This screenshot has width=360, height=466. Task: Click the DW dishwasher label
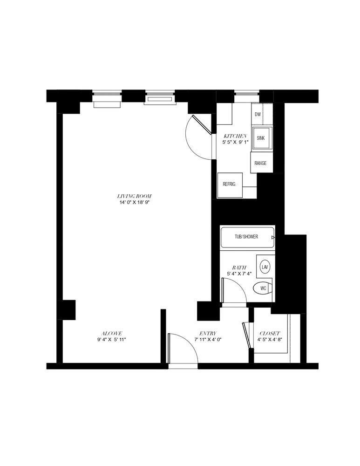pos(258,114)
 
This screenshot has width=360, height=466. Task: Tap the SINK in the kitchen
pos(261,138)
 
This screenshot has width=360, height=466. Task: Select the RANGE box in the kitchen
pos(260,163)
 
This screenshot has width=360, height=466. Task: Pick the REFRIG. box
pos(230,184)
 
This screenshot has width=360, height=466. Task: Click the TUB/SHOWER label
pos(246,237)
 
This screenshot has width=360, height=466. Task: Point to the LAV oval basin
pos(265,267)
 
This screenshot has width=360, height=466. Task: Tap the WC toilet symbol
pos(263,288)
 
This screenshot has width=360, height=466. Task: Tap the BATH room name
pos(239,268)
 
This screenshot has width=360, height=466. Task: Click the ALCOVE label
pos(112,333)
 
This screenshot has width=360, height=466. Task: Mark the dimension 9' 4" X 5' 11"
pos(112,340)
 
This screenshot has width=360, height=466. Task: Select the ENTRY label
pos(207,333)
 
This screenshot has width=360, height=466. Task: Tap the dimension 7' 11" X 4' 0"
pos(207,340)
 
